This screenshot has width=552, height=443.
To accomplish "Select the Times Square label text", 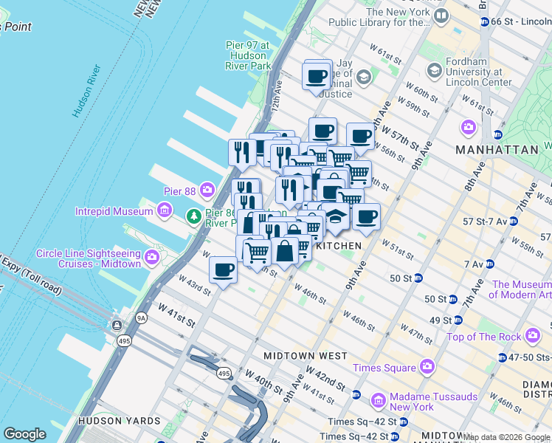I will pyautogui.click(x=384, y=368).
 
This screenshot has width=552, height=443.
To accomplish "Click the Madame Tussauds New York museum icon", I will pyautogui.click(x=379, y=401).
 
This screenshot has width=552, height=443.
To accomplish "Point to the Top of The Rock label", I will pyautogui.click(x=483, y=337).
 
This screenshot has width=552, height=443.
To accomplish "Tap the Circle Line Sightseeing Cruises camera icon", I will pyautogui.click(x=153, y=258).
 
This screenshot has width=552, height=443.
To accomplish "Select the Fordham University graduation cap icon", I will pyautogui.click(x=434, y=70).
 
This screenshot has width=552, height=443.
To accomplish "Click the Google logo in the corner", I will pyautogui.click(x=24, y=434).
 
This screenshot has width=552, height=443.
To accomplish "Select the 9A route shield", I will pyautogui.click(x=141, y=318).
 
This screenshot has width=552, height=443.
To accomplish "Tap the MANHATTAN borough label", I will pyautogui.click(x=497, y=149).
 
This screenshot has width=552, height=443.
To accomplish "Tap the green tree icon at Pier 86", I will pyautogui.click(x=194, y=216).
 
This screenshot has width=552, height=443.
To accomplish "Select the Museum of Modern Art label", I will pyautogui.click(x=521, y=289).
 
